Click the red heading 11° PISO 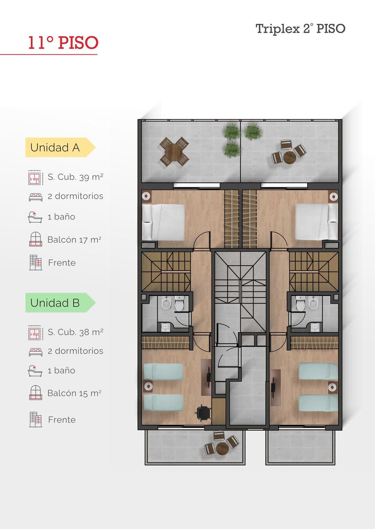pos(63,43)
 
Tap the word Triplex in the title pos(278,29)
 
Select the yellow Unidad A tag pos(60,147)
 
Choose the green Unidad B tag pos(60,303)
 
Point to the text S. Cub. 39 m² pos(75,177)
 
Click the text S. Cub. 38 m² pos(75,332)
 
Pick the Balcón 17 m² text pos(74,240)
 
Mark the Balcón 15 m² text pos(74,393)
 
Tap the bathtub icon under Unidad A pos(35,217)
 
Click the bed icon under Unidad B pos(36,352)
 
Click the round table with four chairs pos(174,151)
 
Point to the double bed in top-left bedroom pos(163,222)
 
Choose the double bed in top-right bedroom pos(316,222)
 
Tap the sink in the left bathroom pos(165,327)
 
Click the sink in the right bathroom pos(315,327)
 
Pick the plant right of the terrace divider pos(253,131)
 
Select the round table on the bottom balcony pos(222,448)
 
